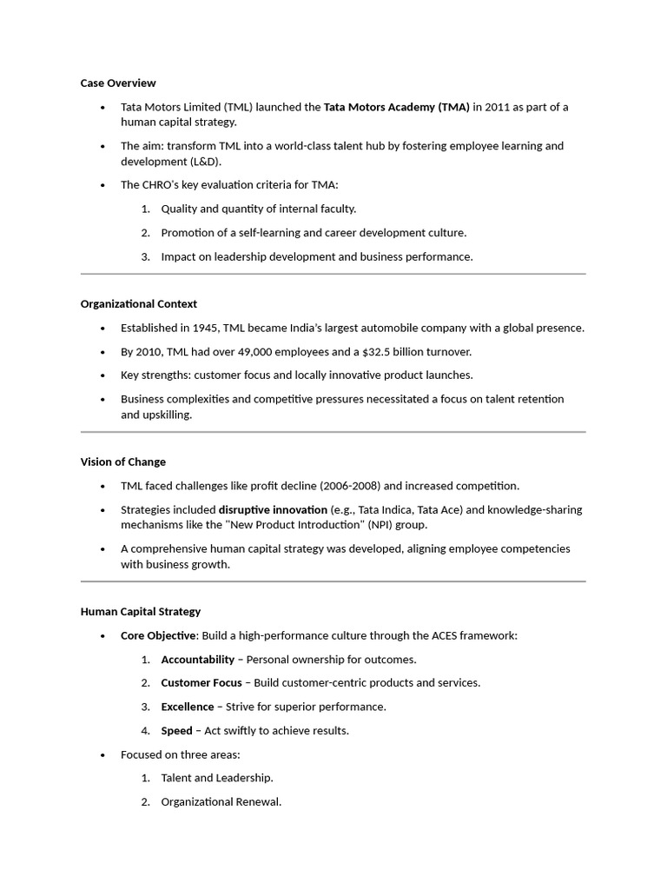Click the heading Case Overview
(x=118, y=83)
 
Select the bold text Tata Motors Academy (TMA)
(x=396, y=107)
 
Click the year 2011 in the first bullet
(x=498, y=107)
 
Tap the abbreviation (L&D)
(x=206, y=162)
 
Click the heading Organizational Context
(x=138, y=304)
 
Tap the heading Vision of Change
(x=122, y=462)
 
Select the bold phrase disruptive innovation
(x=273, y=509)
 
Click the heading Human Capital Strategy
(x=140, y=612)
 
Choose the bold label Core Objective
(x=158, y=635)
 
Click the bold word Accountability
(x=197, y=660)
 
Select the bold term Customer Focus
(x=201, y=683)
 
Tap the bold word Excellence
(x=187, y=707)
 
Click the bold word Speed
(x=176, y=731)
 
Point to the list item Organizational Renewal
(x=221, y=802)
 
